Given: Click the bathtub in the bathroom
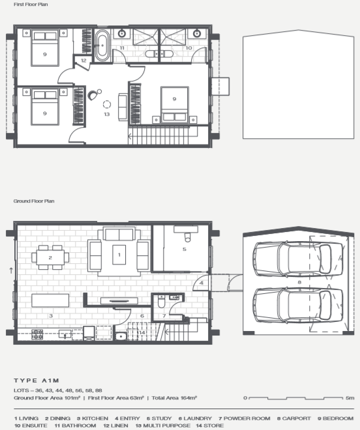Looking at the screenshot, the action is pos(102,46).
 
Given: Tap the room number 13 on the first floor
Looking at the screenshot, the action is pos(107,114).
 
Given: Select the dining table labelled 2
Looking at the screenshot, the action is pos(50,257).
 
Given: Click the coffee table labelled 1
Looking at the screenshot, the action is pos(119,255).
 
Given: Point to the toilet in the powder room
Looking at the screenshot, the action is pos(161,302).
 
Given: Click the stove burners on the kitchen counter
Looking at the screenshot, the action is pos(37,334).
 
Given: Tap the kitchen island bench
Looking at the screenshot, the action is pos(50,300).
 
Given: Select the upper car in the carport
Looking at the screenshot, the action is pos(297,259).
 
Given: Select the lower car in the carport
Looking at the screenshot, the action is pos(297,305).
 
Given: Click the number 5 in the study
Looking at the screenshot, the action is pos(185,250).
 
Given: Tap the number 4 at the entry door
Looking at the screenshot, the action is pos(202,283).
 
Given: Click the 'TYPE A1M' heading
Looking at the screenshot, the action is pos(37,380).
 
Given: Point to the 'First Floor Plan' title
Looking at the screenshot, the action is pos(31,5).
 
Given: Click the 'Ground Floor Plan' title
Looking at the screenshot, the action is pos(34,201).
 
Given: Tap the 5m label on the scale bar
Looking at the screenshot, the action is pos(350,397).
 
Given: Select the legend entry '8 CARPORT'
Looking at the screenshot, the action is pos(294,418).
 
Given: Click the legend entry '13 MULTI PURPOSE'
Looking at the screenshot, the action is pos(163,425).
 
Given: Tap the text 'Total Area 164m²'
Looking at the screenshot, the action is pos(174,397).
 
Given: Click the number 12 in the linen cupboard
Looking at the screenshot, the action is pos(83,61).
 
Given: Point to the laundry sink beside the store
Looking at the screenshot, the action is pos(121,336).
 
